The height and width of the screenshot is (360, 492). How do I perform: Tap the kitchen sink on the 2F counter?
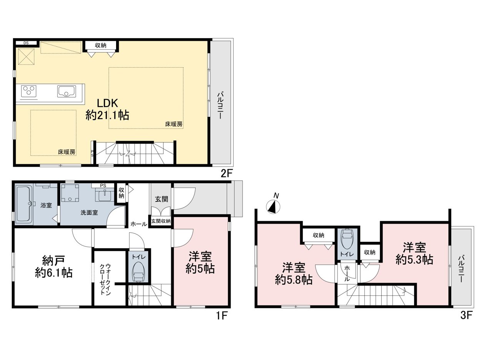click(x=66, y=91)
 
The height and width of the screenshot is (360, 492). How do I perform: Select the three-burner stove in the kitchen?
click(x=29, y=91)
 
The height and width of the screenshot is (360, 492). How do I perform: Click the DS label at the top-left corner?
click(x=26, y=43)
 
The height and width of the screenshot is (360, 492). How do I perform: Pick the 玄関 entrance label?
click(x=161, y=199)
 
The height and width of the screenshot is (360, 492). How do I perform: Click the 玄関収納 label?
click(x=161, y=221)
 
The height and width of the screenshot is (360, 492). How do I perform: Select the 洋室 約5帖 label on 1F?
click(x=200, y=262)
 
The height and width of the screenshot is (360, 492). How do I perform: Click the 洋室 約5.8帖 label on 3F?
click(x=294, y=274)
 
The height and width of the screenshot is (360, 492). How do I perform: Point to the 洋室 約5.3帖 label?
click(x=414, y=253)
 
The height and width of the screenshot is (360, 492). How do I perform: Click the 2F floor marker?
click(x=226, y=174)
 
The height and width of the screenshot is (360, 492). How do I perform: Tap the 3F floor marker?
click(x=467, y=316)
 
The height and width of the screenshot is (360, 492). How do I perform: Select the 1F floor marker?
click(x=221, y=316)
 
